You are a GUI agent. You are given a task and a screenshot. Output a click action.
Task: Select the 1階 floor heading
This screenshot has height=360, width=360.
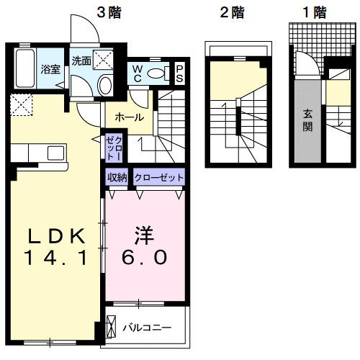(x=314, y=12)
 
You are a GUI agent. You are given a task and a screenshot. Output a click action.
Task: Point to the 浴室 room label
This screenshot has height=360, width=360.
(x=50, y=70)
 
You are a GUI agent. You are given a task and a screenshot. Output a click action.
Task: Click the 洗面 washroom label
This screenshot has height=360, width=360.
(x=81, y=61)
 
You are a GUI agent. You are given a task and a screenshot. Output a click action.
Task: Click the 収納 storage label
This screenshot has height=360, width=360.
(x=118, y=177)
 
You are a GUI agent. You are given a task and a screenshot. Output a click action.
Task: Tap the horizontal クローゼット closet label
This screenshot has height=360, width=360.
(x=159, y=177)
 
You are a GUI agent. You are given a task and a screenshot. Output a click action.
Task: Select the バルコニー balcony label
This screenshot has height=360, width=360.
(x=146, y=328)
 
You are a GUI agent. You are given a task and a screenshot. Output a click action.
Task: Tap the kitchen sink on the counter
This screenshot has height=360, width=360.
(x=55, y=153)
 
